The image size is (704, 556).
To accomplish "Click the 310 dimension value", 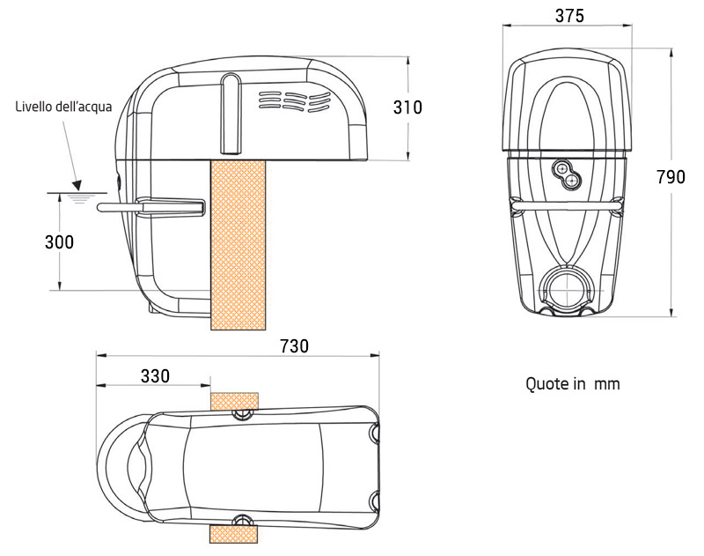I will tap(407, 107).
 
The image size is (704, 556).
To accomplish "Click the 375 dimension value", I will tap(569, 15).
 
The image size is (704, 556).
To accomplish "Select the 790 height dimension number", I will tap(671, 177).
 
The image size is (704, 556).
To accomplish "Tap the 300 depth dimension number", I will tap(59, 242).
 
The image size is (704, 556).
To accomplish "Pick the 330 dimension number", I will tap(155, 375).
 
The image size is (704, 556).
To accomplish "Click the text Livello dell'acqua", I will tap(63, 107).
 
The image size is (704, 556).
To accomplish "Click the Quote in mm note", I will tap(573, 384).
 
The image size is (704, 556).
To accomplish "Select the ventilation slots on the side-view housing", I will tap(293, 100).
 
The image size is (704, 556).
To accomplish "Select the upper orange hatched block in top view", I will tap(235, 401).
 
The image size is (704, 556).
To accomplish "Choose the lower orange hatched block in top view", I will tap(234, 533).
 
